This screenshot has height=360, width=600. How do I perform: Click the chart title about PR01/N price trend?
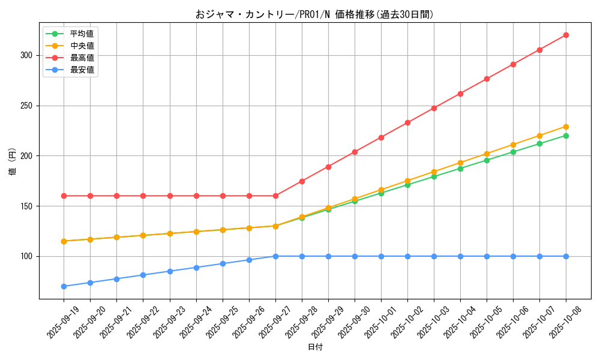(x=314, y=14)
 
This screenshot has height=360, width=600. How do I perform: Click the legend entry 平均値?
(x=82, y=34)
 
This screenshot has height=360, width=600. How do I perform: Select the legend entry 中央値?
(x=82, y=46)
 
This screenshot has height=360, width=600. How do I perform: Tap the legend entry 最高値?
(x=82, y=58)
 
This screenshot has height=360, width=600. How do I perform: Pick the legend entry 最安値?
(x=82, y=70)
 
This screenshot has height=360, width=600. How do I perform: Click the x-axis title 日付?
(x=315, y=347)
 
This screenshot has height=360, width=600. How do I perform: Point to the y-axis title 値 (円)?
(x=13, y=161)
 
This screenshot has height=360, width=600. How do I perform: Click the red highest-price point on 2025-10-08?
(x=566, y=35)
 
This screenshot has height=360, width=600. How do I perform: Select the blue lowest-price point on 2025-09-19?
(x=64, y=286)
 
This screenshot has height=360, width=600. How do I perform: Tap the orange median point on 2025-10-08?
(x=566, y=127)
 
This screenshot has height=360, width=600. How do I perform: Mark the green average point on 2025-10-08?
(x=566, y=136)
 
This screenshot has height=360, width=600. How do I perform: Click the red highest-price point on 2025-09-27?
(x=275, y=196)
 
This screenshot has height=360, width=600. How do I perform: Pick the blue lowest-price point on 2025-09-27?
(x=275, y=256)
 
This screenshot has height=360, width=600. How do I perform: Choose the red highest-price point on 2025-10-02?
(x=407, y=122)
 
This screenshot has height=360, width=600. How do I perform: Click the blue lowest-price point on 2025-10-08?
(x=566, y=256)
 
